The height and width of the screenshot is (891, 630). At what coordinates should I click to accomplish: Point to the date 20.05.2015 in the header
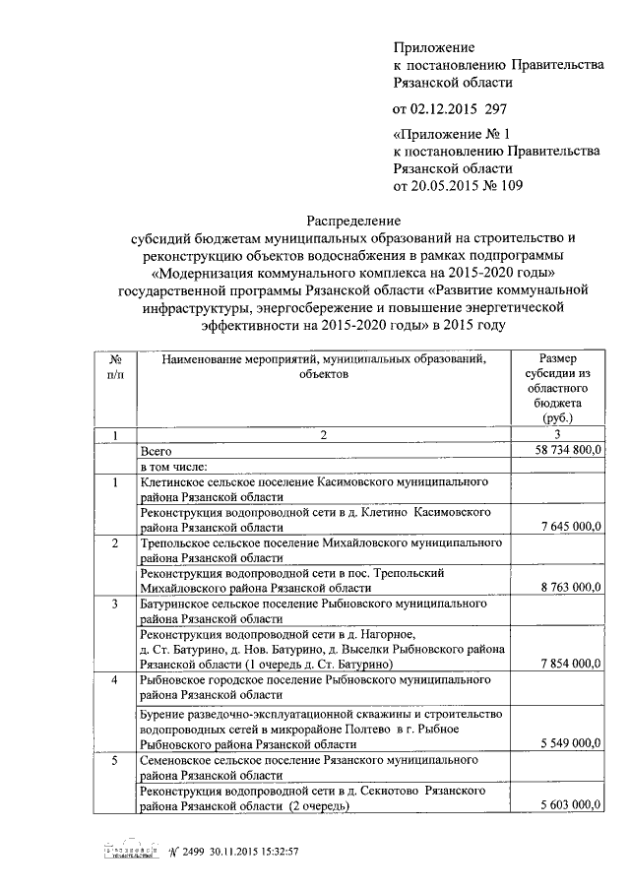click(x=449, y=184)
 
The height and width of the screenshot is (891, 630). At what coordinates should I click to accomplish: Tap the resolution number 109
click(x=512, y=184)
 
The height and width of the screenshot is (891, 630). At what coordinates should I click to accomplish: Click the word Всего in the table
click(x=157, y=450)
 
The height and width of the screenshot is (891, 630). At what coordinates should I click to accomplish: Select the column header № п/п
click(x=115, y=367)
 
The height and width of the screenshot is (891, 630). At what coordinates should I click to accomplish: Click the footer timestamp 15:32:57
click(x=276, y=852)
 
